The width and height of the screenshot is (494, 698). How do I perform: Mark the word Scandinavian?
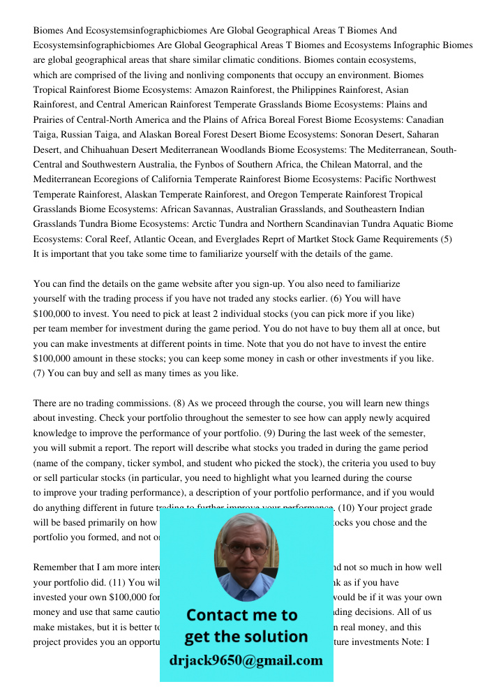317,224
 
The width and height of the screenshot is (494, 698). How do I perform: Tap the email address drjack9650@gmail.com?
246,660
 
